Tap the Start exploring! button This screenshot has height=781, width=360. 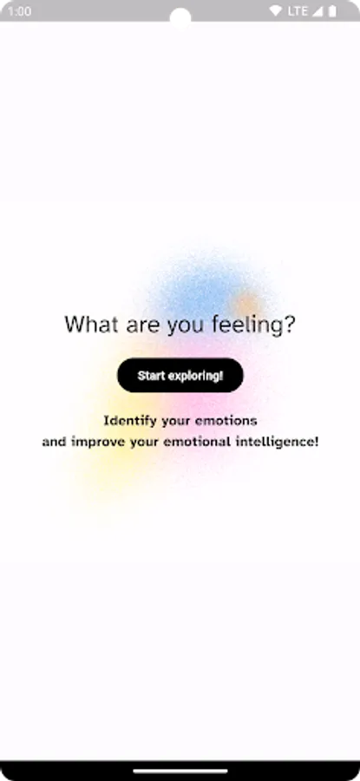[x=180, y=375]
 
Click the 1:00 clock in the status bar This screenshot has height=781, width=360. [x=20, y=10]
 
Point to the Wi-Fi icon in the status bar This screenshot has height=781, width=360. [x=276, y=10]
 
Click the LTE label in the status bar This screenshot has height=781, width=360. [x=298, y=10]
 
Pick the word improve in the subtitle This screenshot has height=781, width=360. [x=95, y=442]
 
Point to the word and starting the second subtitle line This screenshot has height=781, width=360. [x=53, y=442]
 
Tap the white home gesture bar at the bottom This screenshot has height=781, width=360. [x=180, y=770]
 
